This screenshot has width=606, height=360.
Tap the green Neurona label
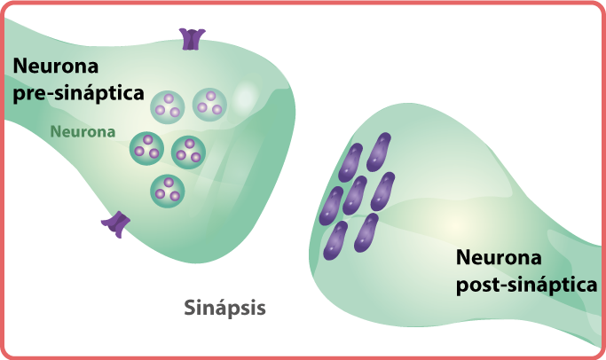pos(83,132)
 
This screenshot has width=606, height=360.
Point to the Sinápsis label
pos(224,309)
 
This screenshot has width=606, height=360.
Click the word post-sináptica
pos(525,285)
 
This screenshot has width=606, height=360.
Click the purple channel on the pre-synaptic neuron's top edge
pos(192,38)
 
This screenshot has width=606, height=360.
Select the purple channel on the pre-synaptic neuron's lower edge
pos(115,225)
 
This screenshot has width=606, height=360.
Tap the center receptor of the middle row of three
pos(355,195)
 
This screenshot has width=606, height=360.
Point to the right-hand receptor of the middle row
pos(383,190)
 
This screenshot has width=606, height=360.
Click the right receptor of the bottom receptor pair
pos(366,232)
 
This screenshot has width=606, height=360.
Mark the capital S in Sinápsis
pos(189,309)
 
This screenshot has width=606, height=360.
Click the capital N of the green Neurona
pos(55,132)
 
